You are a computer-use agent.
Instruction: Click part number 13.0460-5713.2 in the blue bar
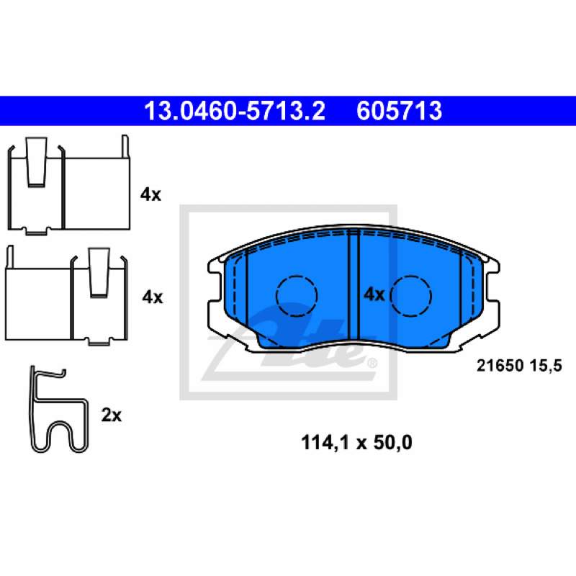(x=235, y=111)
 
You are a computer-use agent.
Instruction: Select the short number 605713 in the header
(x=400, y=111)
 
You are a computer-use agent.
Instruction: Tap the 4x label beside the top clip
(x=150, y=194)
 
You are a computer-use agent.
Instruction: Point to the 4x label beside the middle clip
(x=153, y=297)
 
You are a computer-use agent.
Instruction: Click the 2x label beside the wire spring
(x=112, y=415)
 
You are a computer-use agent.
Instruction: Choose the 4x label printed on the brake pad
(x=374, y=294)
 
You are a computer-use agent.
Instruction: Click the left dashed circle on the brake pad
(x=297, y=296)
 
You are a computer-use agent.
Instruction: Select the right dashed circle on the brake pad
(x=410, y=296)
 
